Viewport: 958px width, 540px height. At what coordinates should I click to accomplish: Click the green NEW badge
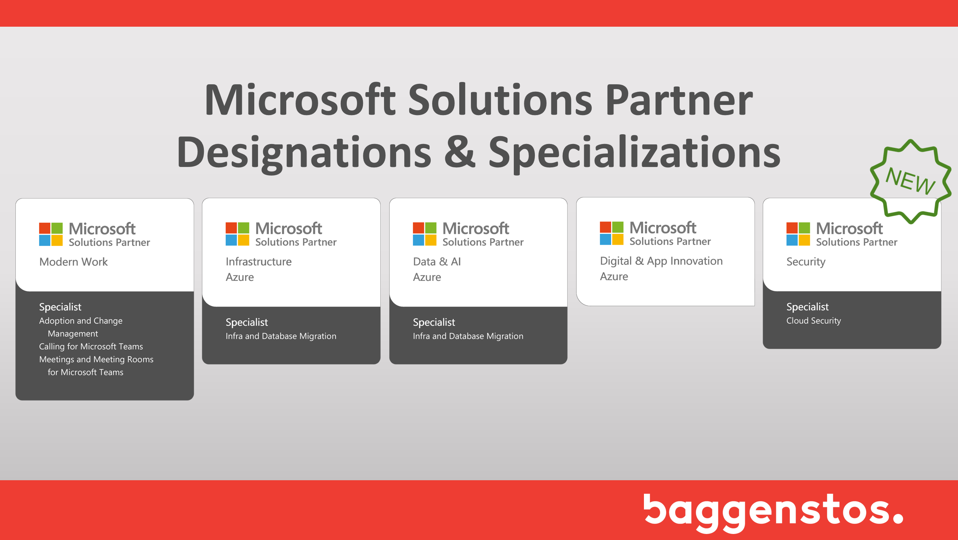click(910, 181)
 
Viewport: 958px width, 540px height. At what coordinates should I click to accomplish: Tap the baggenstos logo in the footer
click(773, 512)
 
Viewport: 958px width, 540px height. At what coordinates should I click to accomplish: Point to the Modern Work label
click(73, 262)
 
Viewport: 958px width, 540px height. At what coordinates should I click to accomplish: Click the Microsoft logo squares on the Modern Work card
click(51, 234)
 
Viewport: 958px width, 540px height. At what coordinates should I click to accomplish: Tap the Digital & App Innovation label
click(661, 261)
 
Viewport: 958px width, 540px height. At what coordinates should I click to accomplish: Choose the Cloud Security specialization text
click(814, 321)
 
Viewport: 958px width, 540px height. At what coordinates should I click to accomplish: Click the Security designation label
click(806, 262)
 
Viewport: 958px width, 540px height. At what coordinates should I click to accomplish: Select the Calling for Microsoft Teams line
click(91, 346)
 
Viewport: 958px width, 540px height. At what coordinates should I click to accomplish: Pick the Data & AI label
click(437, 262)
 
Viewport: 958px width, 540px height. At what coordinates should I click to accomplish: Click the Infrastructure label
click(258, 262)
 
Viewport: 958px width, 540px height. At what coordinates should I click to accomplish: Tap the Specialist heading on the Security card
click(807, 307)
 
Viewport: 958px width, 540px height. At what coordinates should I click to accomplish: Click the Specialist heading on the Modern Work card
click(60, 307)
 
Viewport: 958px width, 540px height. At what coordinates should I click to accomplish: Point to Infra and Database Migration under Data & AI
click(468, 336)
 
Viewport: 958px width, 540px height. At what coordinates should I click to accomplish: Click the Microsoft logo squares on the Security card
click(798, 234)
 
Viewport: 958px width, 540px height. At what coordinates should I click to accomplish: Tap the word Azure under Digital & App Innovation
click(614, 277)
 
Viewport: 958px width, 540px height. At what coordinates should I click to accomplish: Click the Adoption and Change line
click(81, 321)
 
